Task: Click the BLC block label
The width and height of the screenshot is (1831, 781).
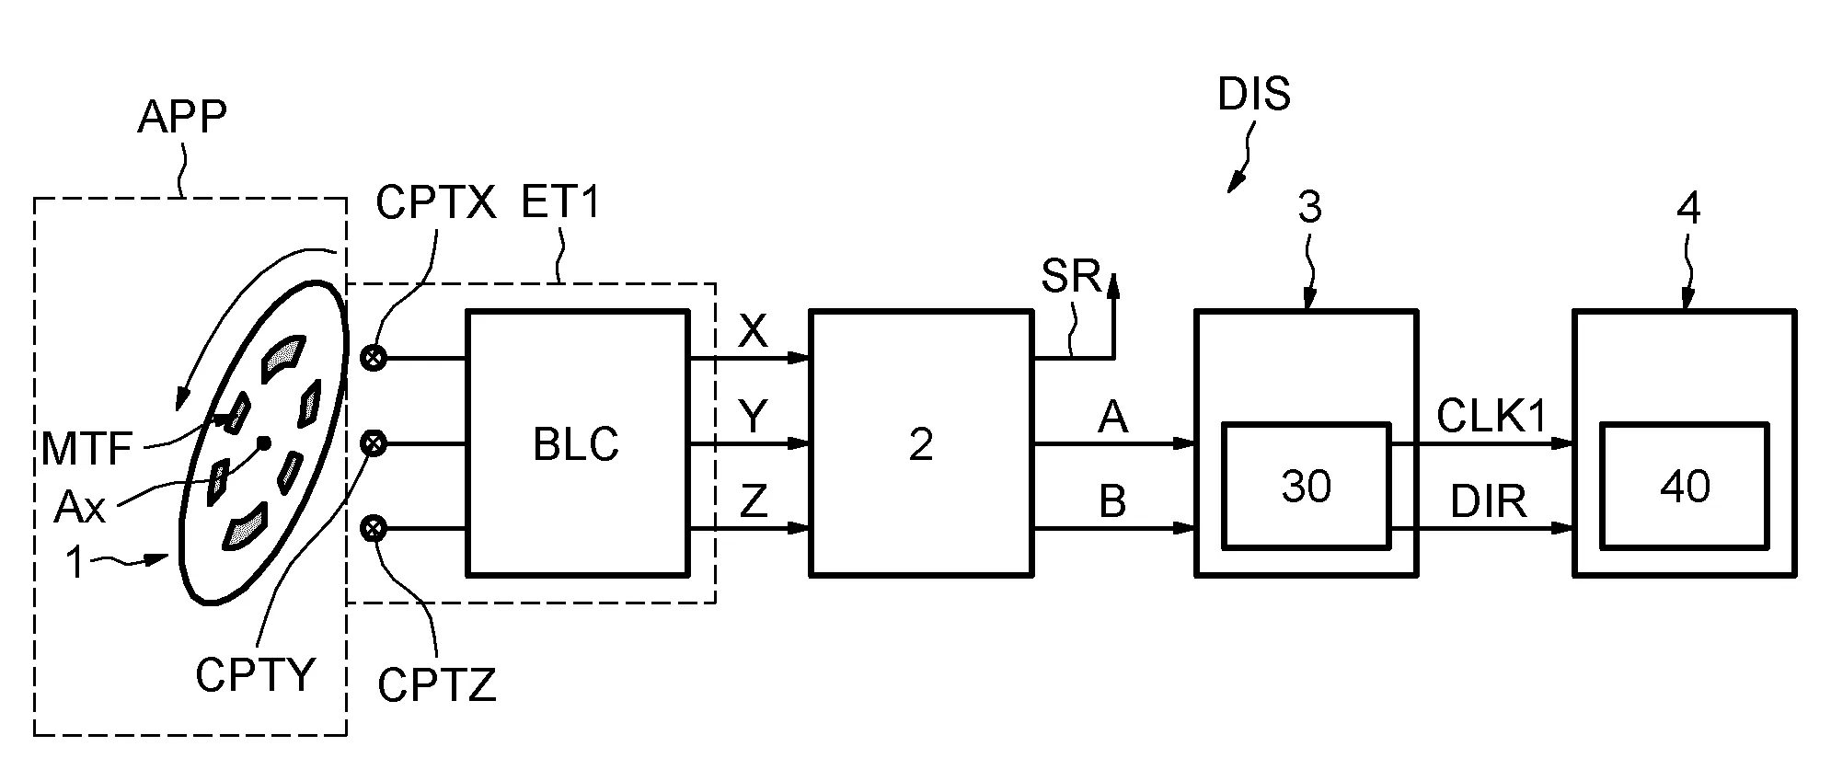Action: click(576, 444)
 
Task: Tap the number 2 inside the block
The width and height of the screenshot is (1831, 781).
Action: click(921, 444)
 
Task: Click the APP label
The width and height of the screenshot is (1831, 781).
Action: click(181, 117)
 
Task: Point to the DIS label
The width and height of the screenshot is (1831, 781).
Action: click(1254, 95)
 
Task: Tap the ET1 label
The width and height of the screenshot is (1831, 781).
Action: click(560, 202)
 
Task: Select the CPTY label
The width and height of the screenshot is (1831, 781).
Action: click(255, 676)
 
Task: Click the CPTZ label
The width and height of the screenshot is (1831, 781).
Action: click(437, 685)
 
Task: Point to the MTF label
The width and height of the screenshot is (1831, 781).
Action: click(87, 451)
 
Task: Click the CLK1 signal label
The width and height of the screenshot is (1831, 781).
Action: click(1491, 418)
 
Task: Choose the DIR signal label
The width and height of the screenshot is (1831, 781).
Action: click(1489, 502)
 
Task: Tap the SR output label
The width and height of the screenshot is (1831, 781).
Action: click(1071, 276)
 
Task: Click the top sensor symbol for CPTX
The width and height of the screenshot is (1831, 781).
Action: click(374, 358)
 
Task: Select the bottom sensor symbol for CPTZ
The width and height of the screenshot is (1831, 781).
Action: click(374, 528)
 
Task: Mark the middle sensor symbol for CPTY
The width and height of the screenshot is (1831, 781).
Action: click(374, 444)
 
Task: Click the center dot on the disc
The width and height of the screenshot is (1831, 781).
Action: click(263, 442)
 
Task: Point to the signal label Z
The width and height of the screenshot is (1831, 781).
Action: click(754, 502)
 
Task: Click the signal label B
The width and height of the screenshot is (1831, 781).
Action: click(1113, 502)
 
